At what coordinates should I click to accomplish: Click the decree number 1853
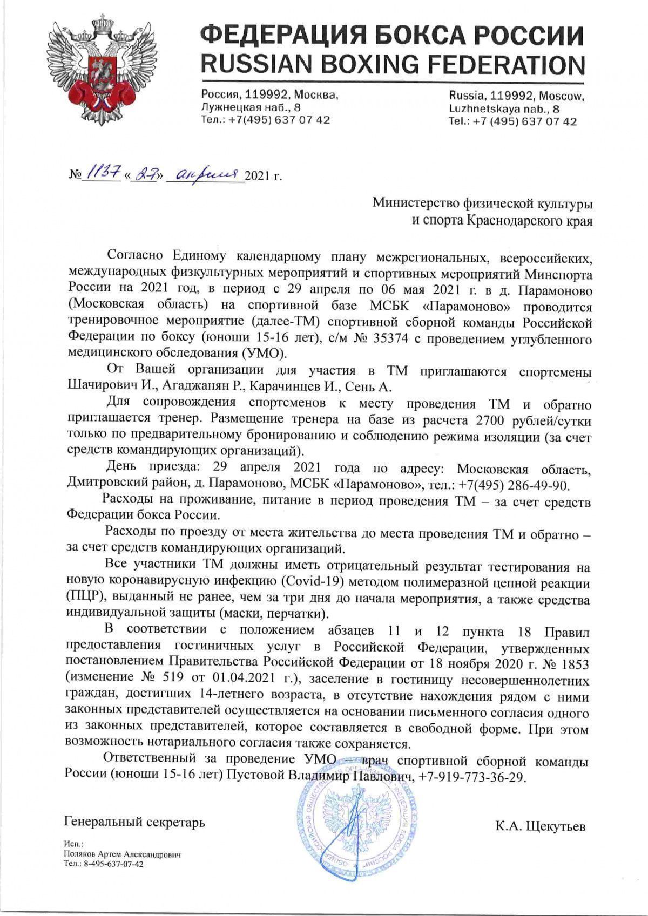pyautogui.click(x=573, y=662)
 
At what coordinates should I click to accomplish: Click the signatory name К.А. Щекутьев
pyautogui.click(x=540, y=826)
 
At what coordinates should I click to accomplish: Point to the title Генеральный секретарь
pyautogui.click(x=134, y=822)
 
